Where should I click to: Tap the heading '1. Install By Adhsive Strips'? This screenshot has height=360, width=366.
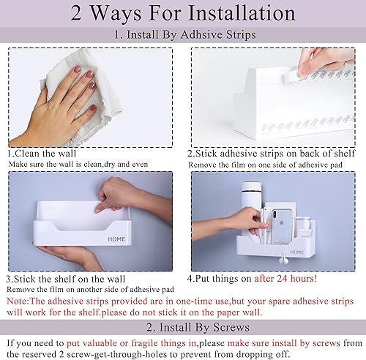pyautogui.click(x=183, y=34)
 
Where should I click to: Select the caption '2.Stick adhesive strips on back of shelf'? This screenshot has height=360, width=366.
pyautogui.click(x=273, y=154)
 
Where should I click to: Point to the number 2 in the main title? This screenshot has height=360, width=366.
pyautogui.click(x=83, y=15)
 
